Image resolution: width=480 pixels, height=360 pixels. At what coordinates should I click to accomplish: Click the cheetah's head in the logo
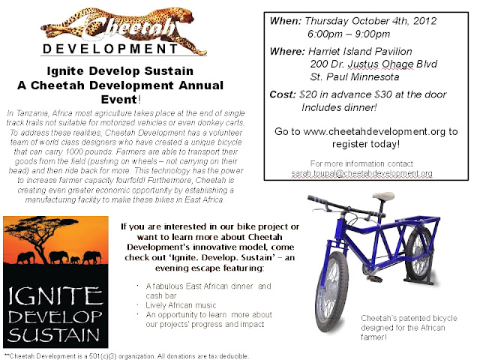(185, 15)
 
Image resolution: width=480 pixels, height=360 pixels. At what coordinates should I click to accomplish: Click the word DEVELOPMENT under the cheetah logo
(110, 49)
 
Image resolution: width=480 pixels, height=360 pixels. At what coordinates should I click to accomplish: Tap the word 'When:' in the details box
(286, 21)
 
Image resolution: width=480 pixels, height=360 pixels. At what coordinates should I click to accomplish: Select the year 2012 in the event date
(424, 21)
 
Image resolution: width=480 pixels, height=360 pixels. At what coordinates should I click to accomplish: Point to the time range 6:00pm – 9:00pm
(349, 34)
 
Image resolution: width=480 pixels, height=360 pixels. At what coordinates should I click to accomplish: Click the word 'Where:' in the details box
(287, 51)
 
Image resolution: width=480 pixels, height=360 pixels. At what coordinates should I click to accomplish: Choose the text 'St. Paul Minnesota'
(355, 76)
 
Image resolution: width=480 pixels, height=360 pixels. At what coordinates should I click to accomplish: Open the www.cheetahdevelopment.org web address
(374, 131)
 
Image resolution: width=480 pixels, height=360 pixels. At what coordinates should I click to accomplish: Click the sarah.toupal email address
(361, 173)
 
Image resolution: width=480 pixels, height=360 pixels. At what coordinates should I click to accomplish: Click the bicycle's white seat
(382, 196)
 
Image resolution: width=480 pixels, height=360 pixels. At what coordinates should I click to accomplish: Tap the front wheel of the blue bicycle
(331, 292)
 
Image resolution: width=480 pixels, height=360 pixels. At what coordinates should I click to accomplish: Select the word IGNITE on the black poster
(55, 296)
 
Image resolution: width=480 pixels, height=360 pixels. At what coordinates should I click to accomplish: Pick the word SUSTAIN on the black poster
(54, 334)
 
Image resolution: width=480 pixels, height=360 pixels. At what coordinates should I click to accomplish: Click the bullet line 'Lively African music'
(181, 305)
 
